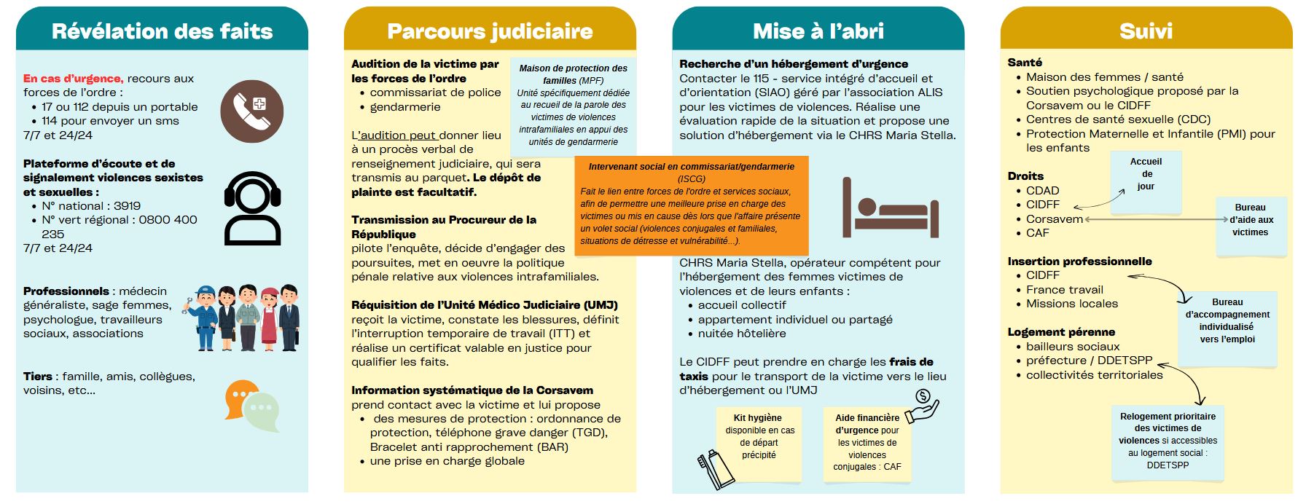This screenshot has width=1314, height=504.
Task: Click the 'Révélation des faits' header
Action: click(x=162, y=31)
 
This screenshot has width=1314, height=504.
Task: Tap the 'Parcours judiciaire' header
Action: click(x=490, y=31)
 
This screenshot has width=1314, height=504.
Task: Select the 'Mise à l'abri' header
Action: click(x=818, y=31)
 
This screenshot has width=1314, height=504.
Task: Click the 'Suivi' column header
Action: click(x=1146, y=31)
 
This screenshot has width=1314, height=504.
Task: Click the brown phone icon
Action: click(x=252, y=111)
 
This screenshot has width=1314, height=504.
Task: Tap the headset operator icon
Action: click(x=252, y=208)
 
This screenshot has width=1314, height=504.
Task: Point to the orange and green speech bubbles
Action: click(x=252, y=405)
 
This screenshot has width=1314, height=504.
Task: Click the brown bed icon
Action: click(x=890, y=208)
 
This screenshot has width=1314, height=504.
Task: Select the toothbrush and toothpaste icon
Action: click(x=716, y=469)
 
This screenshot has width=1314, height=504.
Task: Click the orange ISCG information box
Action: click(x=691, y=205)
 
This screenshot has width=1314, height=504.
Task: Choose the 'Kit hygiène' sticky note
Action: click(x=759, y=442)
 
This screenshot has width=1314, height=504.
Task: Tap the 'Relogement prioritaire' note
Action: click(x=1168, y=442)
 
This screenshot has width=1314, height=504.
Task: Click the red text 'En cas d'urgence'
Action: click(x=73, y=79)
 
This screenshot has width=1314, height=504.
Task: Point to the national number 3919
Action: click(x=127, y=206)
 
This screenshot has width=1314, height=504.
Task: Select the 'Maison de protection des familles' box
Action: click(x=573, y=104)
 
